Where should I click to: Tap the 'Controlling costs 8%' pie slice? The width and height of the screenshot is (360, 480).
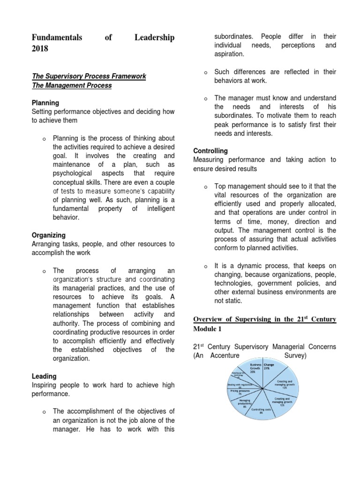point(262,404)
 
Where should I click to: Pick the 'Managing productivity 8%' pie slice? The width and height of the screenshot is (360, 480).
point(246,398)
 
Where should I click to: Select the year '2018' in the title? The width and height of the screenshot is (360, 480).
point(40,49)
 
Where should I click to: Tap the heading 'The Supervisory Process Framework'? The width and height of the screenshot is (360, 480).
point(89,76)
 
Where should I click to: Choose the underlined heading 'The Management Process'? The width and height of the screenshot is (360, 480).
point(72,85)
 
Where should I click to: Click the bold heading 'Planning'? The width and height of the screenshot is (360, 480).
point(45,103)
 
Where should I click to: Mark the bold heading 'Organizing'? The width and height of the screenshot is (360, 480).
point(48,235)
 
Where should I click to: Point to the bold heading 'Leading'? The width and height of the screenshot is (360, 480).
point(44,376)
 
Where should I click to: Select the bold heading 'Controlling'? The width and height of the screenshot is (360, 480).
point(210,151)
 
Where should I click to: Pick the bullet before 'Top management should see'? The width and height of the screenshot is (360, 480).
point(205,187)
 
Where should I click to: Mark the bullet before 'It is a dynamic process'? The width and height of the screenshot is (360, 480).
point(205,266)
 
